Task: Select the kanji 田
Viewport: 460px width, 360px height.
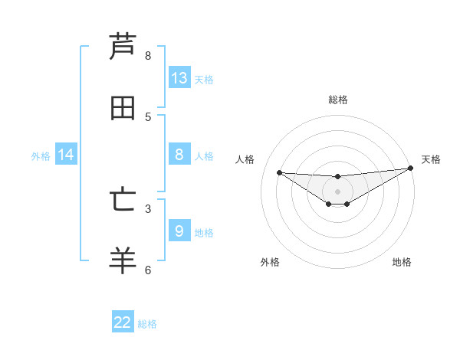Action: click(x=123, y=108)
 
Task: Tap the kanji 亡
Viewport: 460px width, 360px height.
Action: click(x=123, y=200)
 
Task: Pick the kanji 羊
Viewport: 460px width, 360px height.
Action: click(x=123, y=260)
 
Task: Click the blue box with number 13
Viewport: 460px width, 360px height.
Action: click(x=179, y=77)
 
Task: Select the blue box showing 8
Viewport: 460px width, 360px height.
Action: click(x=179, y=155)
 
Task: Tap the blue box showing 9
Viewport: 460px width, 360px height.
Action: click(x=179, y=231)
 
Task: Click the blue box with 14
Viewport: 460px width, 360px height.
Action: click(x=66, y=155)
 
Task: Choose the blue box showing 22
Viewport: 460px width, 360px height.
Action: click(x=123, y=322)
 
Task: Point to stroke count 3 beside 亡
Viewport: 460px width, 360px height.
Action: click(x=148, y=208)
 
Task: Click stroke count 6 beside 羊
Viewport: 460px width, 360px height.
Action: click(x=148, y=269)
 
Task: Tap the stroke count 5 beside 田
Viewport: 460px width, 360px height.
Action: click(x=148, y=116)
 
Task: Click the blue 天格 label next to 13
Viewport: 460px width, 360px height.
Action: click(x=203, y=79)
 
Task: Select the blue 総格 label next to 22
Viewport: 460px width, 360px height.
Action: click(x=147, y=324)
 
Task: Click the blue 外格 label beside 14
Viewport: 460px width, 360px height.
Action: click(x=41, y=156)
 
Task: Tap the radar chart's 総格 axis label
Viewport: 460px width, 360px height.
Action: click(x=337, y=100)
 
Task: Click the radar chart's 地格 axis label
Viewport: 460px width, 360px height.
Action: click(x=402, y=262)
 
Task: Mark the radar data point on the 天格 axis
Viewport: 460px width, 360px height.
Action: click(x=410, y=169)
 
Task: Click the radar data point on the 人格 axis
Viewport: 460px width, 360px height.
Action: click(x=279, y=172)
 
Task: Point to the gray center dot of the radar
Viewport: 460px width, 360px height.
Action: click(x=337, y=191)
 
